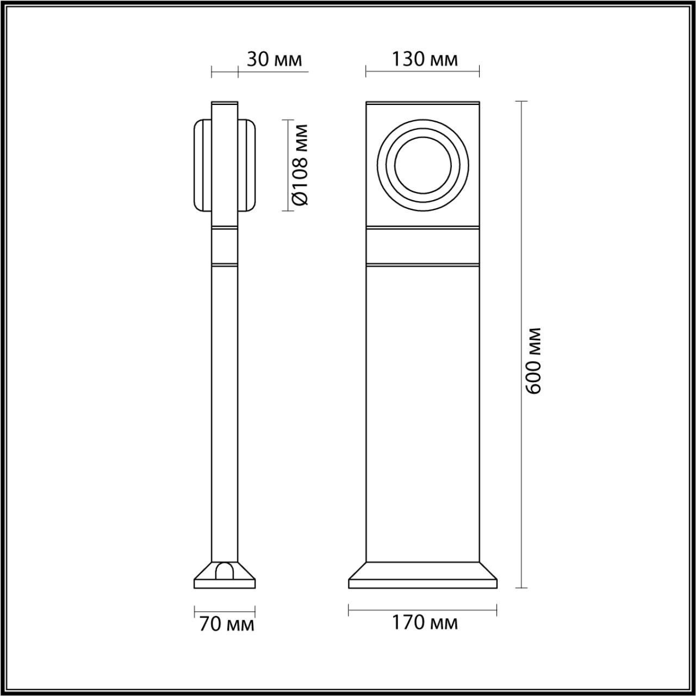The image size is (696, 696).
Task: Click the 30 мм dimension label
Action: click(x=274, y=59)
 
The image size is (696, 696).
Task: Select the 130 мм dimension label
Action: click(x=425, y=59)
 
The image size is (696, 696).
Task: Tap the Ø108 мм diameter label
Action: click(x=300, y=165)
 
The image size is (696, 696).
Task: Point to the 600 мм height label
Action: click(x=534, y=360)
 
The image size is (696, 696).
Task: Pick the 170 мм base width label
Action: click(x=425, y=623)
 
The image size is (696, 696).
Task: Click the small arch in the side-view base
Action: click(x=225, y=570)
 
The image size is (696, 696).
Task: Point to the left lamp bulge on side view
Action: click(x=202, y=165)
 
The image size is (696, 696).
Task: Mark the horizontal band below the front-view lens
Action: click(x=422, y=246)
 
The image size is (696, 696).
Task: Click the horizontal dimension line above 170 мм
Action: click(x=422, y=609)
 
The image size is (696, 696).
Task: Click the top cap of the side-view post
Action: click(x=225, y=103)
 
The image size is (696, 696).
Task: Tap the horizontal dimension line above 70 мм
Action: click(x=225, y=610)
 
